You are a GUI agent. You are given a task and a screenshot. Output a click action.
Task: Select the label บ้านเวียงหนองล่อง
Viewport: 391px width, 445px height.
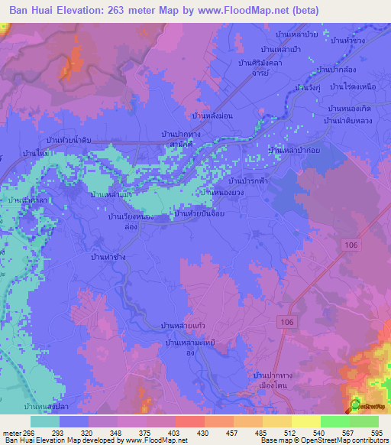pyautogui.click(x=127, y=222)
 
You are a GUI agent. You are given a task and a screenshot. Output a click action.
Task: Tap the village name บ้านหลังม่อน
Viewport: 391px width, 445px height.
pyautogui.click(x=212, y=115)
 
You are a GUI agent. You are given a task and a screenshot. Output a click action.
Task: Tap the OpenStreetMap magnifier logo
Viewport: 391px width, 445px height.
pyautogui.click(x=356, y=405)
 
